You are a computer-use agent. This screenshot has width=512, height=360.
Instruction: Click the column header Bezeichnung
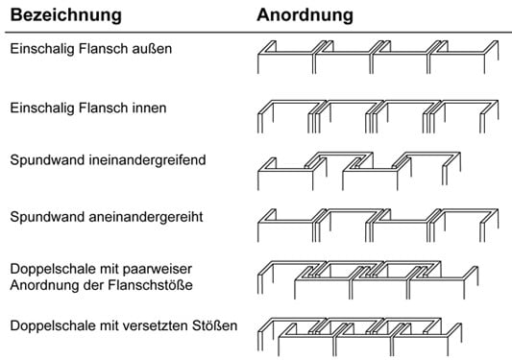coord(65,16)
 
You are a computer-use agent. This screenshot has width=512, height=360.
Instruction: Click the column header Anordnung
coord(305,16)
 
